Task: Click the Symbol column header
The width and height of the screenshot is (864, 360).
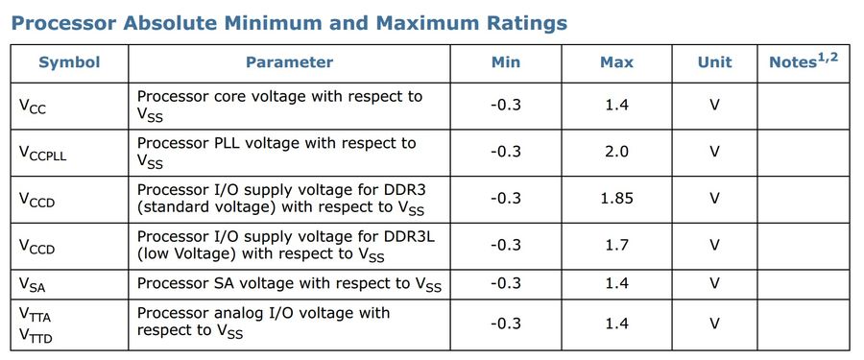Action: tap(69, 62)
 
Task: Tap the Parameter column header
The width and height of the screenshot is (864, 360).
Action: tap(289, 62)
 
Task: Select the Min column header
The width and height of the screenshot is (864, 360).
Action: tap(505, 62)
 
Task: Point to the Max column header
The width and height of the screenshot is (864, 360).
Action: tap(616, 62)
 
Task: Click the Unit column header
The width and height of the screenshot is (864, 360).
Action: tap(714, 62)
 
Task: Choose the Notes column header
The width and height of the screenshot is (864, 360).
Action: tap(804, 60)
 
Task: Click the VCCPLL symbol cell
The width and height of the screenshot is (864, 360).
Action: tap(43, 153)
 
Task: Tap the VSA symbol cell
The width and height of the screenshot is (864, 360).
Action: tap(33, 284)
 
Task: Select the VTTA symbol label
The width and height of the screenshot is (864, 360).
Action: tap(36, 315)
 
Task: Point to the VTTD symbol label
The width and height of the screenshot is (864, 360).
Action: tap(36, 335)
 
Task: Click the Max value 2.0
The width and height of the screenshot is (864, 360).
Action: tap(616, 151)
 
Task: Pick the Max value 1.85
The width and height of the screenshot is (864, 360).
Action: tap(616, 198)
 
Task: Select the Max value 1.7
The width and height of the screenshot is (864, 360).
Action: tap(616, 244)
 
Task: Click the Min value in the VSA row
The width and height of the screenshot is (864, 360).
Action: tap(505, 283)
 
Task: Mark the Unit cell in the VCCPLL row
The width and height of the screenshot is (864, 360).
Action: tap(714, 151)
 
